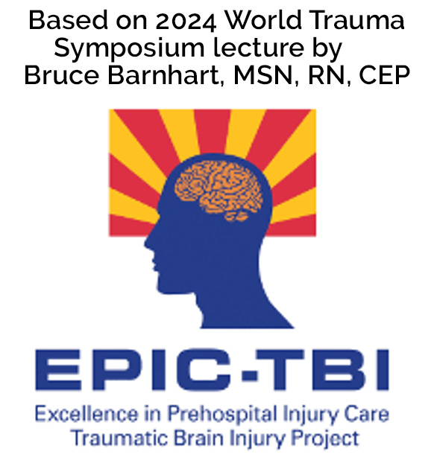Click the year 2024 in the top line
point(186,21)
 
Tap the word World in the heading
point(263,19)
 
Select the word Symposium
point(129,48)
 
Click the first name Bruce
point(61,74)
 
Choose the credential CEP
point(384,75)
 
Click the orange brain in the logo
point(218,191)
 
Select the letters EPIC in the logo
point(137,370)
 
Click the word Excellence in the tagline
point(87,414)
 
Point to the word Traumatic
point(120,438)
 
